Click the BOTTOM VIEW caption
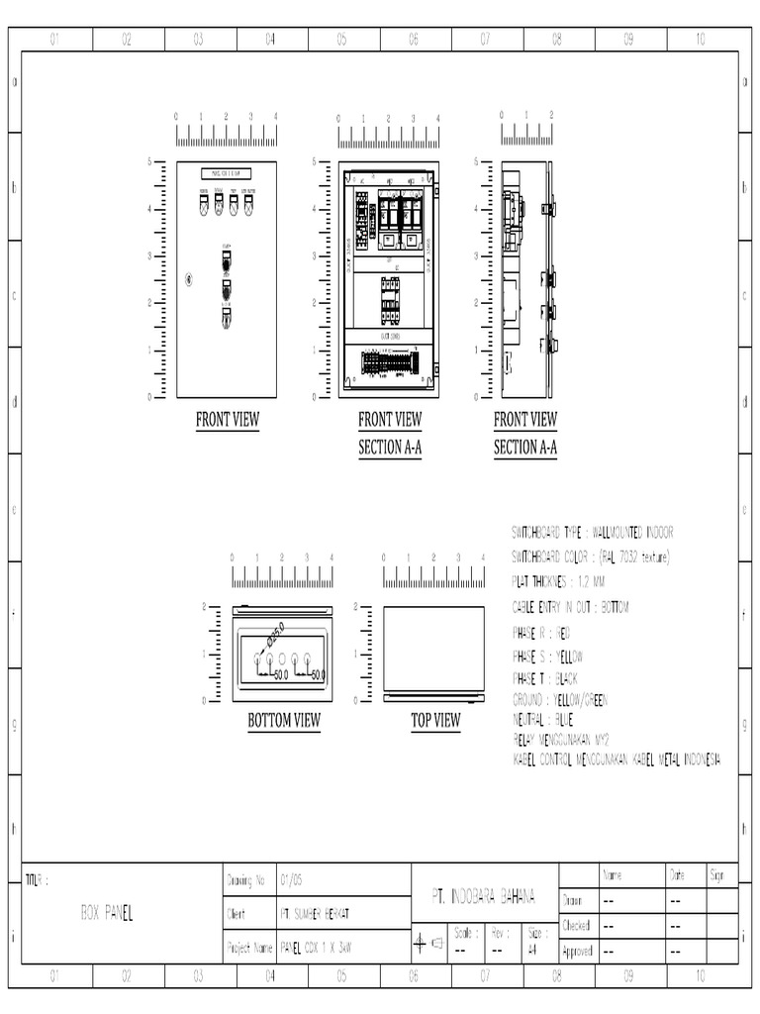(284, 721)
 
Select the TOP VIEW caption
(435, 721)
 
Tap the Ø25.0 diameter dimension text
(274, 634)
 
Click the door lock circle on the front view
(188, 280)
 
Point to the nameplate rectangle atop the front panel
(227, 172)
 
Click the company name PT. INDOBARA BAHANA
(484, 895)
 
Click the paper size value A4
(532, 948)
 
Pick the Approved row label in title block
(576, 951)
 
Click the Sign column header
(716, 875)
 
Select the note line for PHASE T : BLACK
(544, 678)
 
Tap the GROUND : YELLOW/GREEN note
(559, 700)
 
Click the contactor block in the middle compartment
(389, 299)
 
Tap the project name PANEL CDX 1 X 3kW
(316, 948)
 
